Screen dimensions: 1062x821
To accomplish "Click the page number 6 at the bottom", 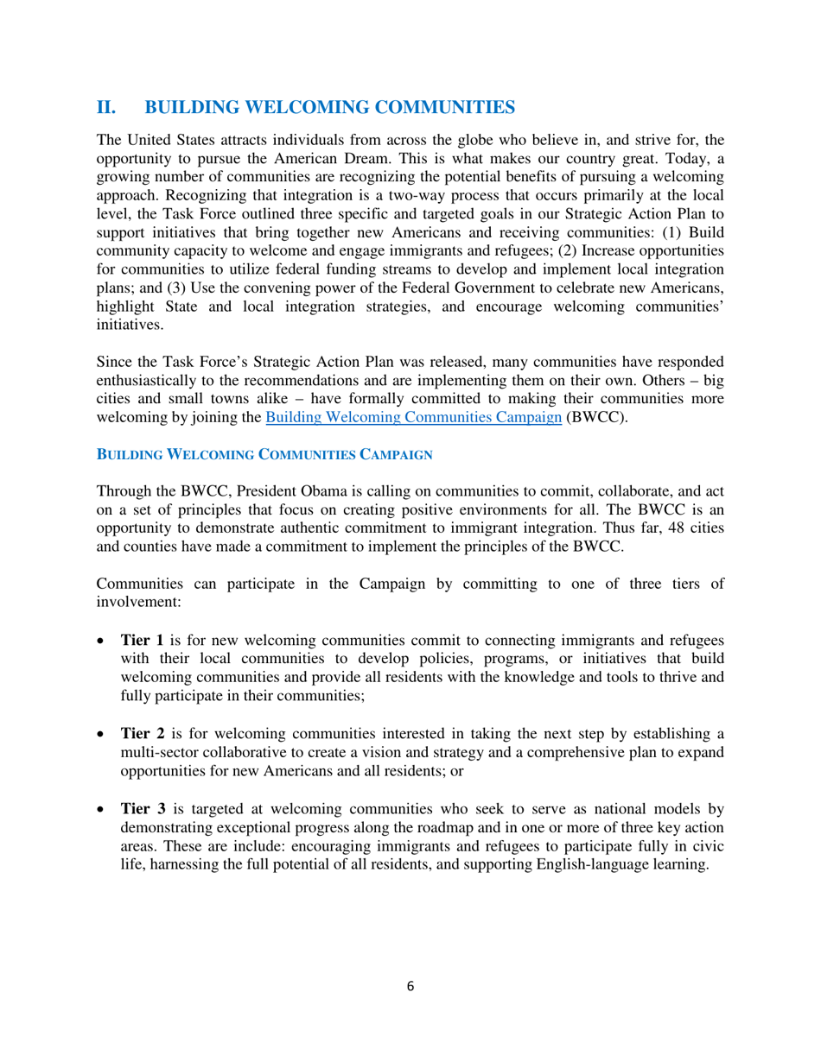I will coord(410,986).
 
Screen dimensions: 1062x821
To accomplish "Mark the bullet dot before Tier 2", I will coord(102,735).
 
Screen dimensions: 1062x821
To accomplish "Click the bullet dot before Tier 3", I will coord(102,810).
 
